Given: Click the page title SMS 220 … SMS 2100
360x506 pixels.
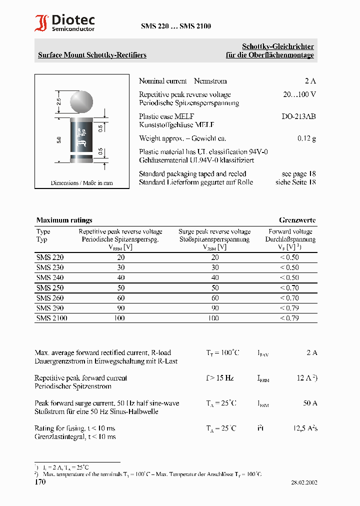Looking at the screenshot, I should click(175, 26).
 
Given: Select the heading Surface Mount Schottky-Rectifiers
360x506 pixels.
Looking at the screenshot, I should click(92, 55).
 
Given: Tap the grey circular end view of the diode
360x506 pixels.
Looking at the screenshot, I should click(81, 101).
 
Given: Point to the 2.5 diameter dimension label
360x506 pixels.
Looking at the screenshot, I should click(58, 103).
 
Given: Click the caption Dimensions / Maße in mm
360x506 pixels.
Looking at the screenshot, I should click(81, 183).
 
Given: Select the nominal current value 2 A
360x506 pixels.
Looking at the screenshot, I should click(310, 81).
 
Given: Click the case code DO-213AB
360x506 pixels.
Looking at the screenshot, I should click(298, 116).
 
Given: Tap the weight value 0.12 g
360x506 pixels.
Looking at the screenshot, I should click(306, 138).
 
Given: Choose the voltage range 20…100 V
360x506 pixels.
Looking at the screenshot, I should click(299, 94).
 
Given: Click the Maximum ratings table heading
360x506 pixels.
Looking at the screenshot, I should click(64, 220).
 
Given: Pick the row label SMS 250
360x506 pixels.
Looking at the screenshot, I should click(50, 288).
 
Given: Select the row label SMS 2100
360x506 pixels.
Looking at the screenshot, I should click(51, 318).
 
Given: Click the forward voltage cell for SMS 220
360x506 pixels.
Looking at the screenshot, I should click(289, 257).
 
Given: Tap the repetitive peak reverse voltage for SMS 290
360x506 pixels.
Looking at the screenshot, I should click(120, 308).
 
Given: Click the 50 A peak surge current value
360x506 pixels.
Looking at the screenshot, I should click(310, 403).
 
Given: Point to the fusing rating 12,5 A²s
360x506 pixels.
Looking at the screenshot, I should click(305, 428).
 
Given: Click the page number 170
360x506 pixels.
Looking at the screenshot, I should click(40, 482).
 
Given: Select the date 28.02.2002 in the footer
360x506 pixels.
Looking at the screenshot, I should click(304, 483).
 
